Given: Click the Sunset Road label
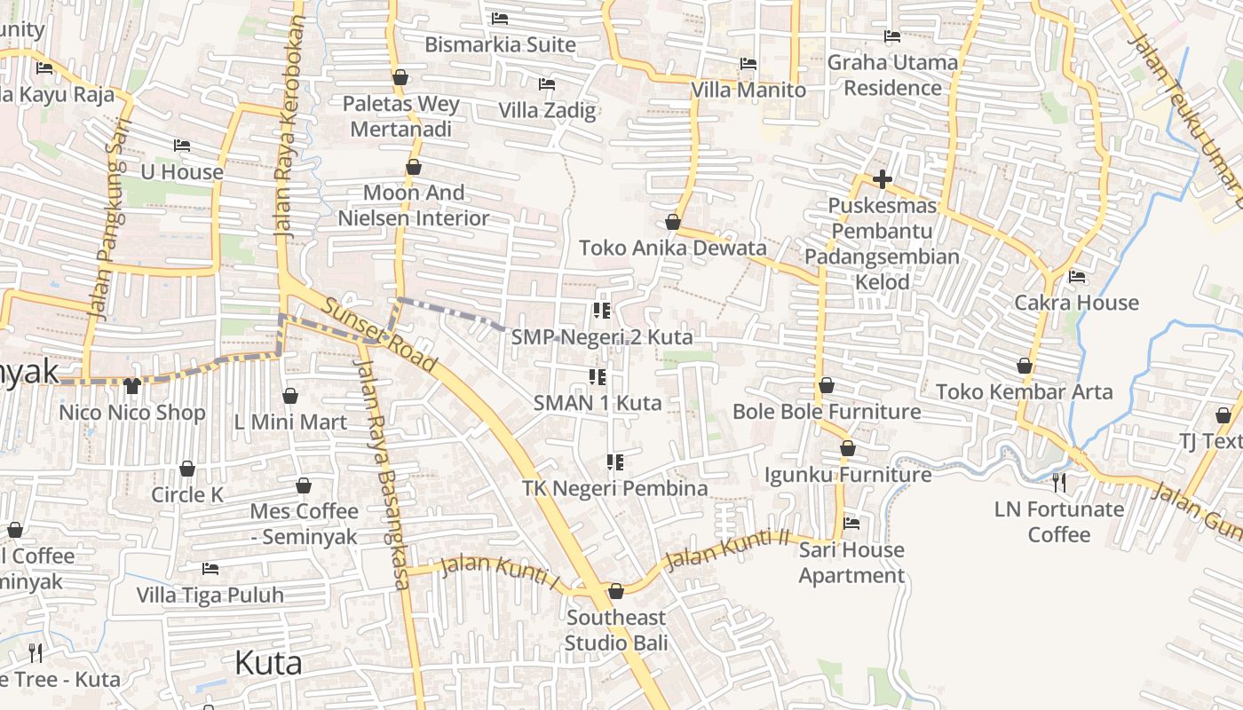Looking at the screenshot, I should click(379, 335).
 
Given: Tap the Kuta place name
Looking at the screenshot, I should click(268, 663).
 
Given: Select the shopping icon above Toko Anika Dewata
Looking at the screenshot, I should click(673, 222).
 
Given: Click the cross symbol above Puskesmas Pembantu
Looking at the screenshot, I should click(882, 179).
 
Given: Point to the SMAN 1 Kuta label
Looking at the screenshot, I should click(598, 403).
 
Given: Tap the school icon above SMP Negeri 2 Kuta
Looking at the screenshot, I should click(601, 311).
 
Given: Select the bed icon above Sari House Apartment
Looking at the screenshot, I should click(851, 523).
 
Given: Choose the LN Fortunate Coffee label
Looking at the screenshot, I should click(1058, 522).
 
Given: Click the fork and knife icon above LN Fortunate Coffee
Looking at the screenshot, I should click(1058, 482).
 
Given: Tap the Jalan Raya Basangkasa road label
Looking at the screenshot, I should click(383, 470).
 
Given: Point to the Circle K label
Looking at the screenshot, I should click(187, 494).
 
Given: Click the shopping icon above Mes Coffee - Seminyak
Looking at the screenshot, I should click(304, 485).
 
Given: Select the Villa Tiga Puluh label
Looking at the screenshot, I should click(210, 595).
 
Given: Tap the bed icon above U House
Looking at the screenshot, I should click(182, 146).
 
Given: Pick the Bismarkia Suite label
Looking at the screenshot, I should click(500, 44).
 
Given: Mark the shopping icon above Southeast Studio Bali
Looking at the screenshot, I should click(616, 591).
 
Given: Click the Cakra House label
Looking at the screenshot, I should click(1076, 303).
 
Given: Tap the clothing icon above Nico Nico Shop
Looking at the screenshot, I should click(132, 385).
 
